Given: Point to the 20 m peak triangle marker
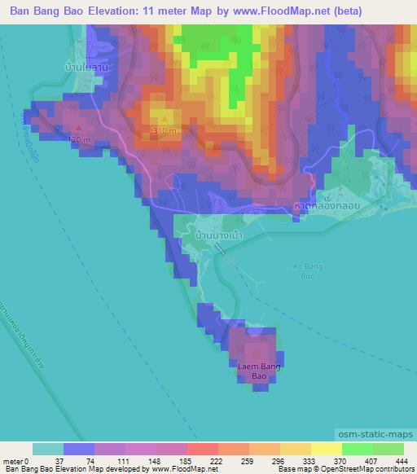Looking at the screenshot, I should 78,128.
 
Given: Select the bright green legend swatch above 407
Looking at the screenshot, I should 358,449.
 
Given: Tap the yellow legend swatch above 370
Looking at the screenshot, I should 327,449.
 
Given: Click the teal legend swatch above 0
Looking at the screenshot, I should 48,449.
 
